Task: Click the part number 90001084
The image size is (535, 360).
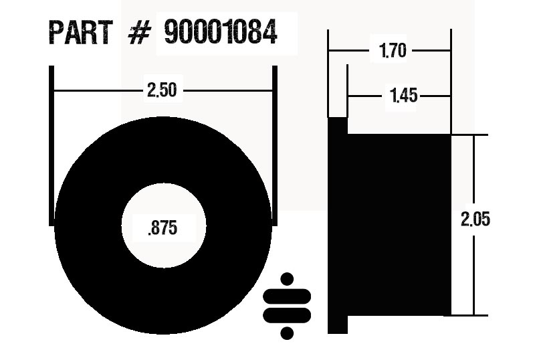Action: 221,33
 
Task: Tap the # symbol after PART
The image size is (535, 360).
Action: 137,33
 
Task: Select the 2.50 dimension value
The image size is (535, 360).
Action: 162,90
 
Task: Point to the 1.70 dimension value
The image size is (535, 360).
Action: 393,51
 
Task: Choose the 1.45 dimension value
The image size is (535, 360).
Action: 403,96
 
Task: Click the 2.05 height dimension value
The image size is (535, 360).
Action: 475,219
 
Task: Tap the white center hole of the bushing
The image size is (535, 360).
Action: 163,207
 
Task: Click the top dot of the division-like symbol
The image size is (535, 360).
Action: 288,280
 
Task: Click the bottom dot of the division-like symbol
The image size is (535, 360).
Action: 288,332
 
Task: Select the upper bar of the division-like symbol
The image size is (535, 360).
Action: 288,296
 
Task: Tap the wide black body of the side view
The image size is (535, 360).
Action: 399,224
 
